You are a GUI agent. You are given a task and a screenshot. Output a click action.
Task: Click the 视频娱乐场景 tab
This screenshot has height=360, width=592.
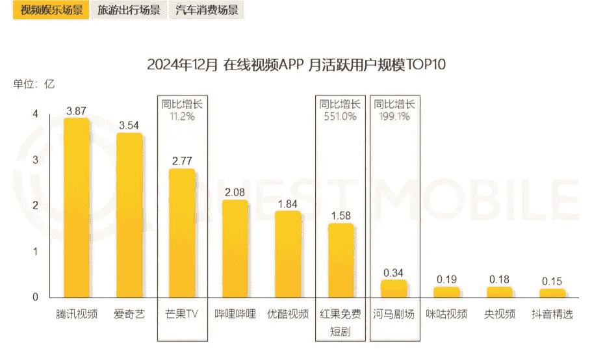(x=51, y=10)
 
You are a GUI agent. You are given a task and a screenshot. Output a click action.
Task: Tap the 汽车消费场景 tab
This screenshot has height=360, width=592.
(x=206, y=10)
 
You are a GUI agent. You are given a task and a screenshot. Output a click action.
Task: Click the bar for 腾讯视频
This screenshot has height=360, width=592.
(x=76, y=208)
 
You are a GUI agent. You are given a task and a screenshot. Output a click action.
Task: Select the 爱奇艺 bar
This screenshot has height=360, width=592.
(x=129, y=215)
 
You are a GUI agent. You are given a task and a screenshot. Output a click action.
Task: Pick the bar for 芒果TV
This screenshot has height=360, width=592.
(x=182, y=233)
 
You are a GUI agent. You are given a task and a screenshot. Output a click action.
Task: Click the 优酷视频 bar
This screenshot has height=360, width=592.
(x=288, y=254)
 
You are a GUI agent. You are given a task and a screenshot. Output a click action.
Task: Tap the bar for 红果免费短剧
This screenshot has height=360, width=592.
(x=341, y=261)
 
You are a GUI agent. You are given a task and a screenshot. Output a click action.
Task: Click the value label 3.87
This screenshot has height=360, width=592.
(x=76, y=110)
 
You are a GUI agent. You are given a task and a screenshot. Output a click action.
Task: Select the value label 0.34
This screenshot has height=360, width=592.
(x=394, y=272)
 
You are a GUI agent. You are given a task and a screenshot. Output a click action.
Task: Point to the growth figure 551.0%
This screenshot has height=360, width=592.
(x=341, y=116)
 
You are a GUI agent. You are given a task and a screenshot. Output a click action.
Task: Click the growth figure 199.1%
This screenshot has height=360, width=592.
(x=394, y=116)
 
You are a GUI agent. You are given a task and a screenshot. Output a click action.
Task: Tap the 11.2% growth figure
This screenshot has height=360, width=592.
(x=182, y=116)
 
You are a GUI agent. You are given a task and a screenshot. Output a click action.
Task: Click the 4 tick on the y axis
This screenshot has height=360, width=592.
(x=36, y=114)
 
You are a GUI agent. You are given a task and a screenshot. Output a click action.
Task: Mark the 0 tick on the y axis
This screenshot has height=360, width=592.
(x=36, y=298)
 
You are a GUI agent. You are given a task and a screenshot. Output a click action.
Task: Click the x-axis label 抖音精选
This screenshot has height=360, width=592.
(x=552, y=315)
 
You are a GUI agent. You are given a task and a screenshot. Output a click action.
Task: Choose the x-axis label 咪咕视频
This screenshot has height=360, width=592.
(x=446, y=315)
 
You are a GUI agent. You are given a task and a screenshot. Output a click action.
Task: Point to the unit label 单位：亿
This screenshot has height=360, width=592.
(x=34, y=83)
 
